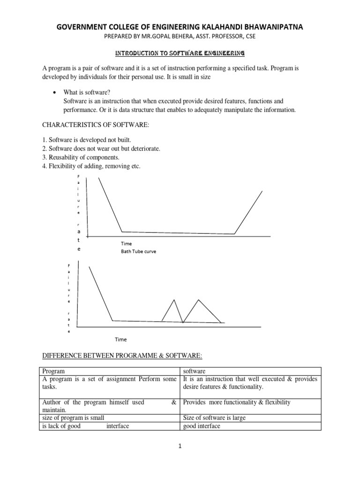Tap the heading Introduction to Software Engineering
(180, 53)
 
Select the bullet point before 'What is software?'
(55, 93)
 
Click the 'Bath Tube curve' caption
(138, 251)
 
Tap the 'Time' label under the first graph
(126, 244)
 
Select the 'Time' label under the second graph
(121, 339)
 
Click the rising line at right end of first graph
(248, 212)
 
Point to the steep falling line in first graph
(110, 204)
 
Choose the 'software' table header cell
(195, 371)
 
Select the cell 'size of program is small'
(73, 418)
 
